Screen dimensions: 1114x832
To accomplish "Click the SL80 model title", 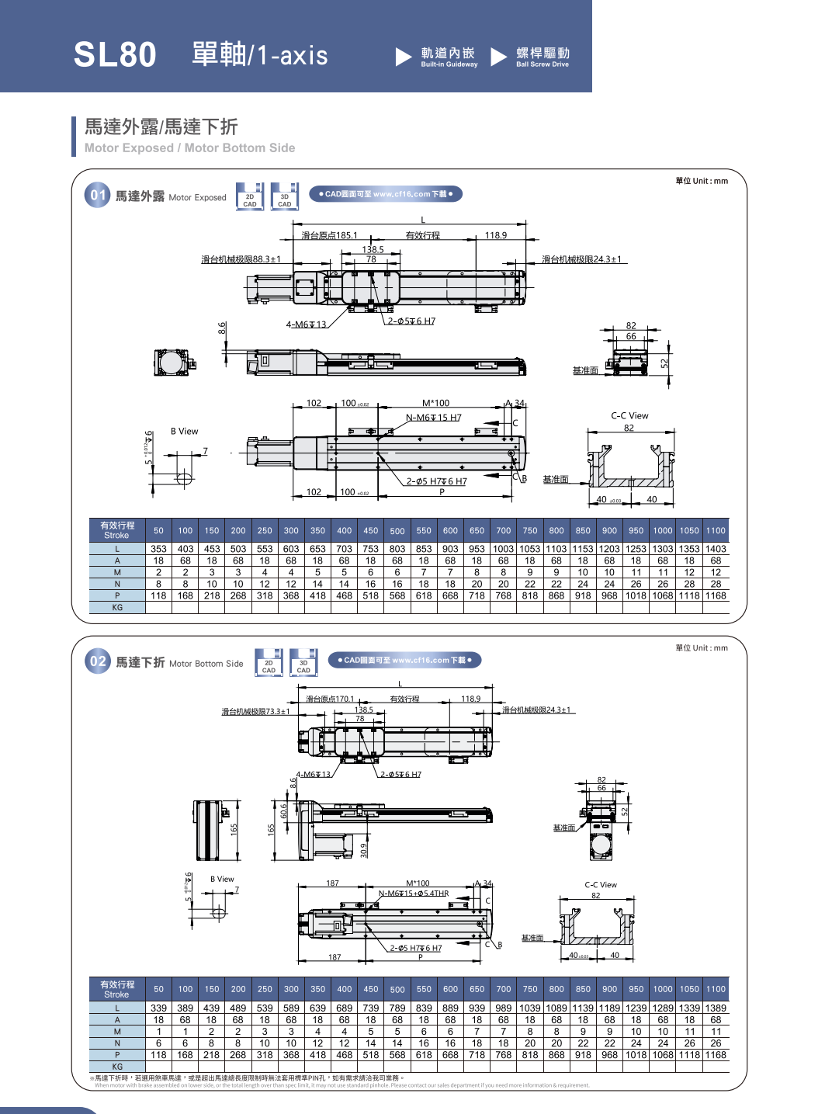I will click(x=115, y=55).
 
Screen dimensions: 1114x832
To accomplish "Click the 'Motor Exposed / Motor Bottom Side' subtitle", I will click(x=189, y=147).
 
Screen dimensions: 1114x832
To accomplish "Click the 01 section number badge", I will click(x=98, y=195).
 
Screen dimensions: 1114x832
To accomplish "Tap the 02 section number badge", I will click(x=98, y=661).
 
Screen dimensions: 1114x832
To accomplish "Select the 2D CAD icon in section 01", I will click(x=250, y=197).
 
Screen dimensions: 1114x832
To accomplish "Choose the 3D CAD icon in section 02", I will click(x=303, y=663).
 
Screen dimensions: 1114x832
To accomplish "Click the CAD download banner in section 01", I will click(x=386, y=194).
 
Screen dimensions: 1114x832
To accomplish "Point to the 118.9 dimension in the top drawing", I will click(x=495, y=235).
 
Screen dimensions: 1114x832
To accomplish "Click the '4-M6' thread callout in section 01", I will click(x=306, y=324).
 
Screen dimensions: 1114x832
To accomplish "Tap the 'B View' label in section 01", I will click(x=185, y=432).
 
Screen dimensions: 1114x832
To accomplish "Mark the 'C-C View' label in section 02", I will click(x=601, y=885).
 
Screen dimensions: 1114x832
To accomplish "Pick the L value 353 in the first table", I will click(x=158, y=549).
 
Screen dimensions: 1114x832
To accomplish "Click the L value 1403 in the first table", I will click(x=716, y=549).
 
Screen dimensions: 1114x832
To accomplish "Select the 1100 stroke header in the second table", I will click(x=716, y=989).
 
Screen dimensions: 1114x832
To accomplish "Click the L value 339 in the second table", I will click(x=158, y=1008).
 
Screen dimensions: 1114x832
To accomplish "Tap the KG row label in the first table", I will click(x=117, y=608).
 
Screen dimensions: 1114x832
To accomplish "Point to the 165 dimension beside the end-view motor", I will click(x=234, y=830).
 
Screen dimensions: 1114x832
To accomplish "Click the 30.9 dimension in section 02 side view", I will click(x=364, y=850).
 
